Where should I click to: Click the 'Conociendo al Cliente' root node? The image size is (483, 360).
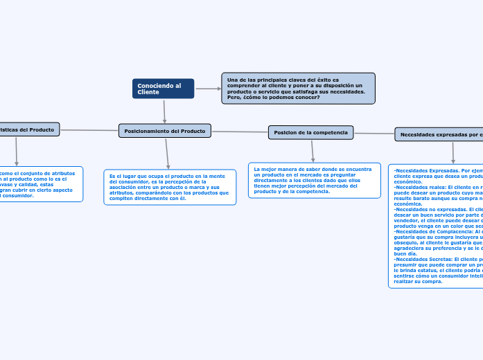(163, 89)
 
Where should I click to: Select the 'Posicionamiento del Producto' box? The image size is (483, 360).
(165, 131)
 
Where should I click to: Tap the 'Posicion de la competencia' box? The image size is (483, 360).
(310, 132)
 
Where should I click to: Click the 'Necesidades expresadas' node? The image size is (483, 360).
(441, 134)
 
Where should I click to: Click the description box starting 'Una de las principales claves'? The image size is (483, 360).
(298, 89)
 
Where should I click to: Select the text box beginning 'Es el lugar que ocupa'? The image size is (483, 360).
(169, 188)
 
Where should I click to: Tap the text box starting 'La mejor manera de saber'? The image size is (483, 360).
(314, 180)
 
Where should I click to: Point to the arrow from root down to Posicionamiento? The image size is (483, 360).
(164, 111)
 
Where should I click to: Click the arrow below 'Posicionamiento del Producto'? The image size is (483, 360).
(167, 153)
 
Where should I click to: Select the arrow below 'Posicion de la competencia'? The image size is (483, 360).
(313, 151)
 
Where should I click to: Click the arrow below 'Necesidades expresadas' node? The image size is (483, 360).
(453, 152)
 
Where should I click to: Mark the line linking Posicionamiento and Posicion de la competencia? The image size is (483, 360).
(240, 132)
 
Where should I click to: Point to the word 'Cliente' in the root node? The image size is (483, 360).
(148, 92)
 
